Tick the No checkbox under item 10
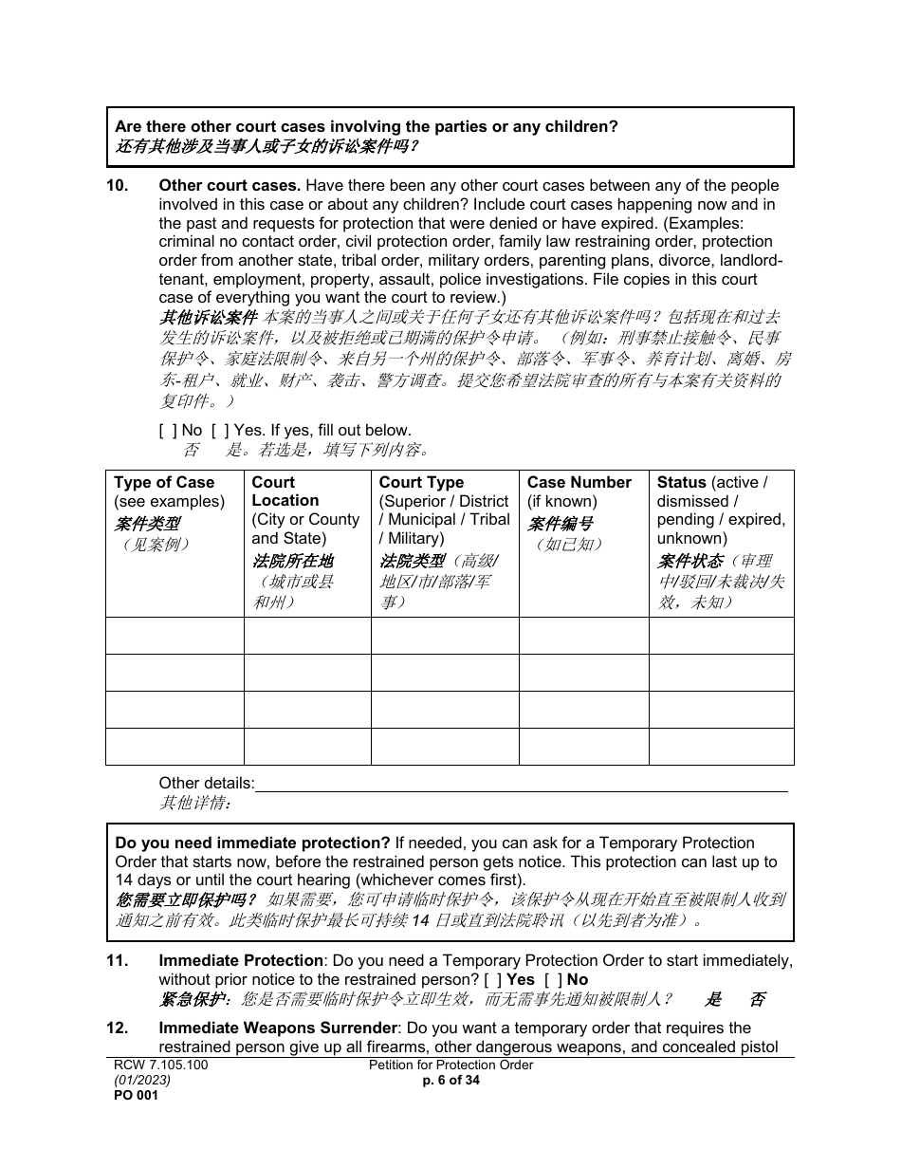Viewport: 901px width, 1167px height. click(x=167, y=430)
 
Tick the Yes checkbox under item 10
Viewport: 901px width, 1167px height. click(x=218, y=430)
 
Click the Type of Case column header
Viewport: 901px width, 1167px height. click(x=164, y=483)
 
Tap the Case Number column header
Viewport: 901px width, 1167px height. click(x=579, y=483)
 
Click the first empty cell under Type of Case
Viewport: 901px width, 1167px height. click(x=175, y=636)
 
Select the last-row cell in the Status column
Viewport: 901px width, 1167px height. click(x=721, y=747)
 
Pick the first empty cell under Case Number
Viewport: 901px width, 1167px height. click(x=583, y=636)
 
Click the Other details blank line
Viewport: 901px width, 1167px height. click(x=522, y=784)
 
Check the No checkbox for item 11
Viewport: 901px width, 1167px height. click(x=552, y=979)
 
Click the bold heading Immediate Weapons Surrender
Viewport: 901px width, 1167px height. click(x=277, y=1028)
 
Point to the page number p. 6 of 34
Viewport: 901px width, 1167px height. click(x=450, y=1080)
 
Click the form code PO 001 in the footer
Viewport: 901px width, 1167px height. click(x=136, y=1095)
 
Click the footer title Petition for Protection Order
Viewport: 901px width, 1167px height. click(x=450, y=1065)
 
